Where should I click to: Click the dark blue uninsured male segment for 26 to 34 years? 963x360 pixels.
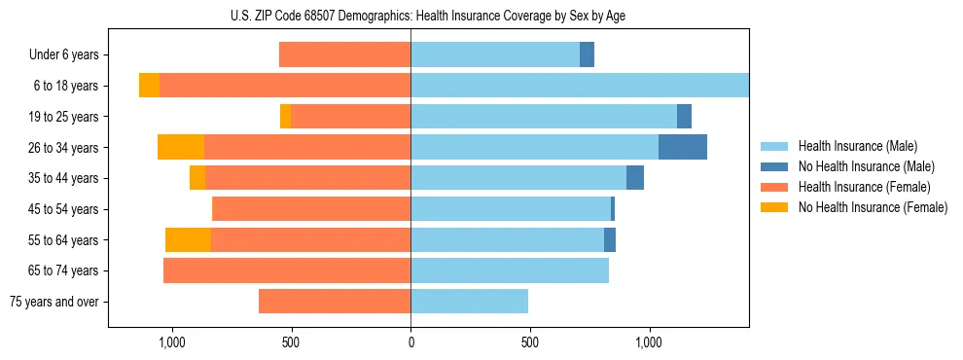[683, 147]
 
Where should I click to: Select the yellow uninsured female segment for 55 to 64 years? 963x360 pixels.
[188, 240]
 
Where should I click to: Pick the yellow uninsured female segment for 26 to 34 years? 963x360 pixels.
[181, 147]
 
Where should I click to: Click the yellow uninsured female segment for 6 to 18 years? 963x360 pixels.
[149, 86]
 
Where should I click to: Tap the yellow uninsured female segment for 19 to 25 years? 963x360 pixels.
[285, 117]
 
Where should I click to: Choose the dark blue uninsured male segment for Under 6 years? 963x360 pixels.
[587, 54]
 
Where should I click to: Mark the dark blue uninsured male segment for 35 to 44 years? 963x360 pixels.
[635, 178]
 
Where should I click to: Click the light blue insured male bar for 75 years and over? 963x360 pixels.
[469, 302]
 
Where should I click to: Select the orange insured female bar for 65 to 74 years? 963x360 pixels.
[287, 270]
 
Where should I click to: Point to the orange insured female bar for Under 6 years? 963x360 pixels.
[344, 54]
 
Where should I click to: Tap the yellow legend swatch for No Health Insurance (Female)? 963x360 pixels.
[775, 207]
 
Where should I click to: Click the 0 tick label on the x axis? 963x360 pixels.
[410, 342]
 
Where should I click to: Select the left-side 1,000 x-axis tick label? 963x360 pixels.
[171, 342]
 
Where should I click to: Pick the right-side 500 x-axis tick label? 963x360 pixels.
[530, 342]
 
